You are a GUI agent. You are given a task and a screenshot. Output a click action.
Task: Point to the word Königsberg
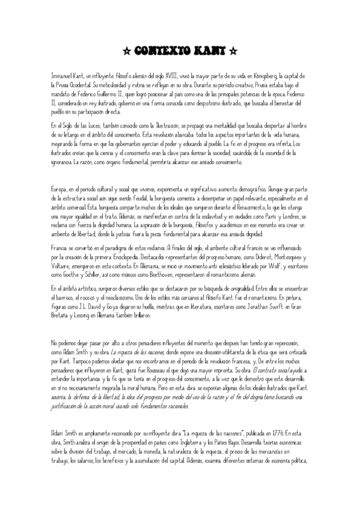coord(270,77)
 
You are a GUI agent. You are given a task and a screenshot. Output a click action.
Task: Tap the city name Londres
coord(281,214)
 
